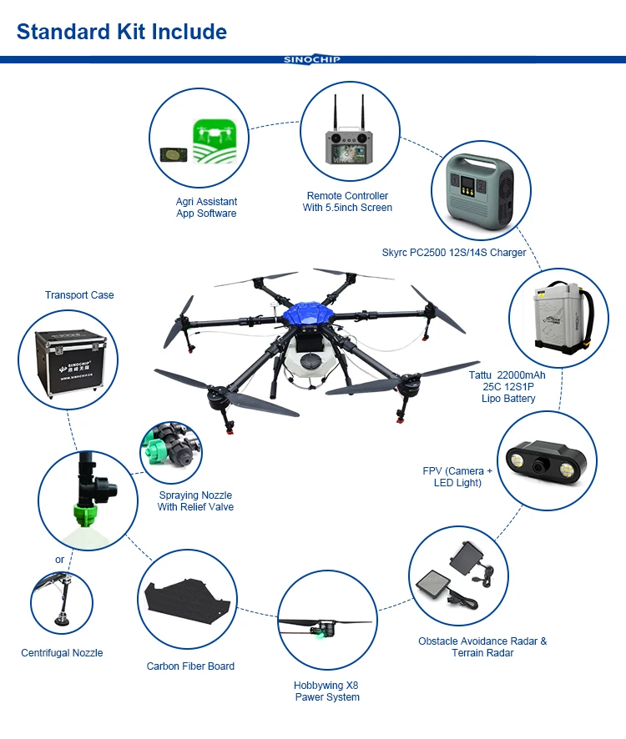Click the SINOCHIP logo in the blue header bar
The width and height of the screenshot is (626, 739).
(x=312, y=59)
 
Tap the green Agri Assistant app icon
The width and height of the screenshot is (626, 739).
(x=215, y=142)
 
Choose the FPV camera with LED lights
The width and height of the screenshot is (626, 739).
(x=547, y=460)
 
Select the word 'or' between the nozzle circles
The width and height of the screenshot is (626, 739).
(x=59, y=560)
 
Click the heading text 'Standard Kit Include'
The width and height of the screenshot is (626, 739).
(x=122, y=33)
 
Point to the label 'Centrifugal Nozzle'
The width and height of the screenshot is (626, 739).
(x=62, y=653)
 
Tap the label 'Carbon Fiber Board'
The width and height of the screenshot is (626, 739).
(x=190, y=666)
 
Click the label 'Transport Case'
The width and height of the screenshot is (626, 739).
(x=79, y=295)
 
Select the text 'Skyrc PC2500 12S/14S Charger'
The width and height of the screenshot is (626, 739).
(x=454, y=253)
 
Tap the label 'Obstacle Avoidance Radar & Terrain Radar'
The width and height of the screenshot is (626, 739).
(x=482, y=647)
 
